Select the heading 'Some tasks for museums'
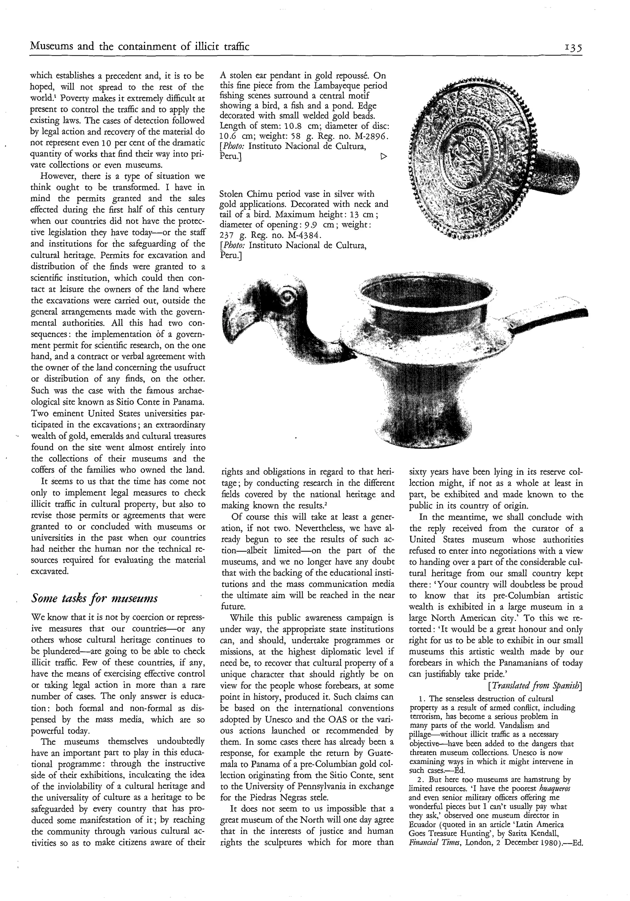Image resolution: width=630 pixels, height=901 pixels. (x=94, y=598)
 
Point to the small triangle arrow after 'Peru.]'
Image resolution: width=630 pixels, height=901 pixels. (x=384, y=157)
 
